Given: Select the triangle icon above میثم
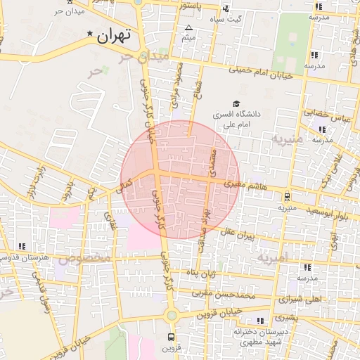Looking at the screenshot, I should [188, 28].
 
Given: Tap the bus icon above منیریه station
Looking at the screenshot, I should [287, 196].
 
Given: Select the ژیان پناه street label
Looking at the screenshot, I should [213, 271].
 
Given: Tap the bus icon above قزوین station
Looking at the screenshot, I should [172, 336].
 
